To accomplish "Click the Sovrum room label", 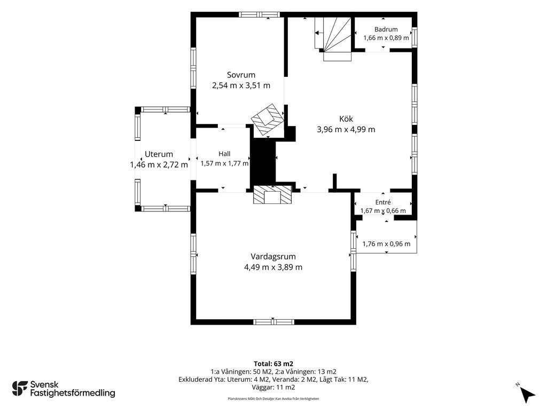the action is [241, 75].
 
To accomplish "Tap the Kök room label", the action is [346, 119].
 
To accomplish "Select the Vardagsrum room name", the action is [273, 257].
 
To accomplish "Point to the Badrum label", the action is [386, 29].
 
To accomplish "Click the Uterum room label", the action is [159, 154].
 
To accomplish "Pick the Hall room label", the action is [224, 154].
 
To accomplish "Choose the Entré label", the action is [383, 202].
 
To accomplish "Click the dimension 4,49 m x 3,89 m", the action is [273, 267].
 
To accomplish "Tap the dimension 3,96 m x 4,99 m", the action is [346, 129].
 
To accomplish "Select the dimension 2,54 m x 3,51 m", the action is [241, 85].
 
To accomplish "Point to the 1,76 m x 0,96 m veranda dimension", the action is [387, 244].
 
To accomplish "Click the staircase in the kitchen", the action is [333, 38].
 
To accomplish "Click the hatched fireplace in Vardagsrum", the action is [272, 194].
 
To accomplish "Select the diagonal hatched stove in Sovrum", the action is [268, 119].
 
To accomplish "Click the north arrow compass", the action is [526, 392].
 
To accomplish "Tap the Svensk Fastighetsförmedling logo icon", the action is [20, 389].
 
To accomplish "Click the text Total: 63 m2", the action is [273, 364].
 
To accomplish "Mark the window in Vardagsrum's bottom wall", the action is [273, 322].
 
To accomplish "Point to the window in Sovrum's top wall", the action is [259, 14].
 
